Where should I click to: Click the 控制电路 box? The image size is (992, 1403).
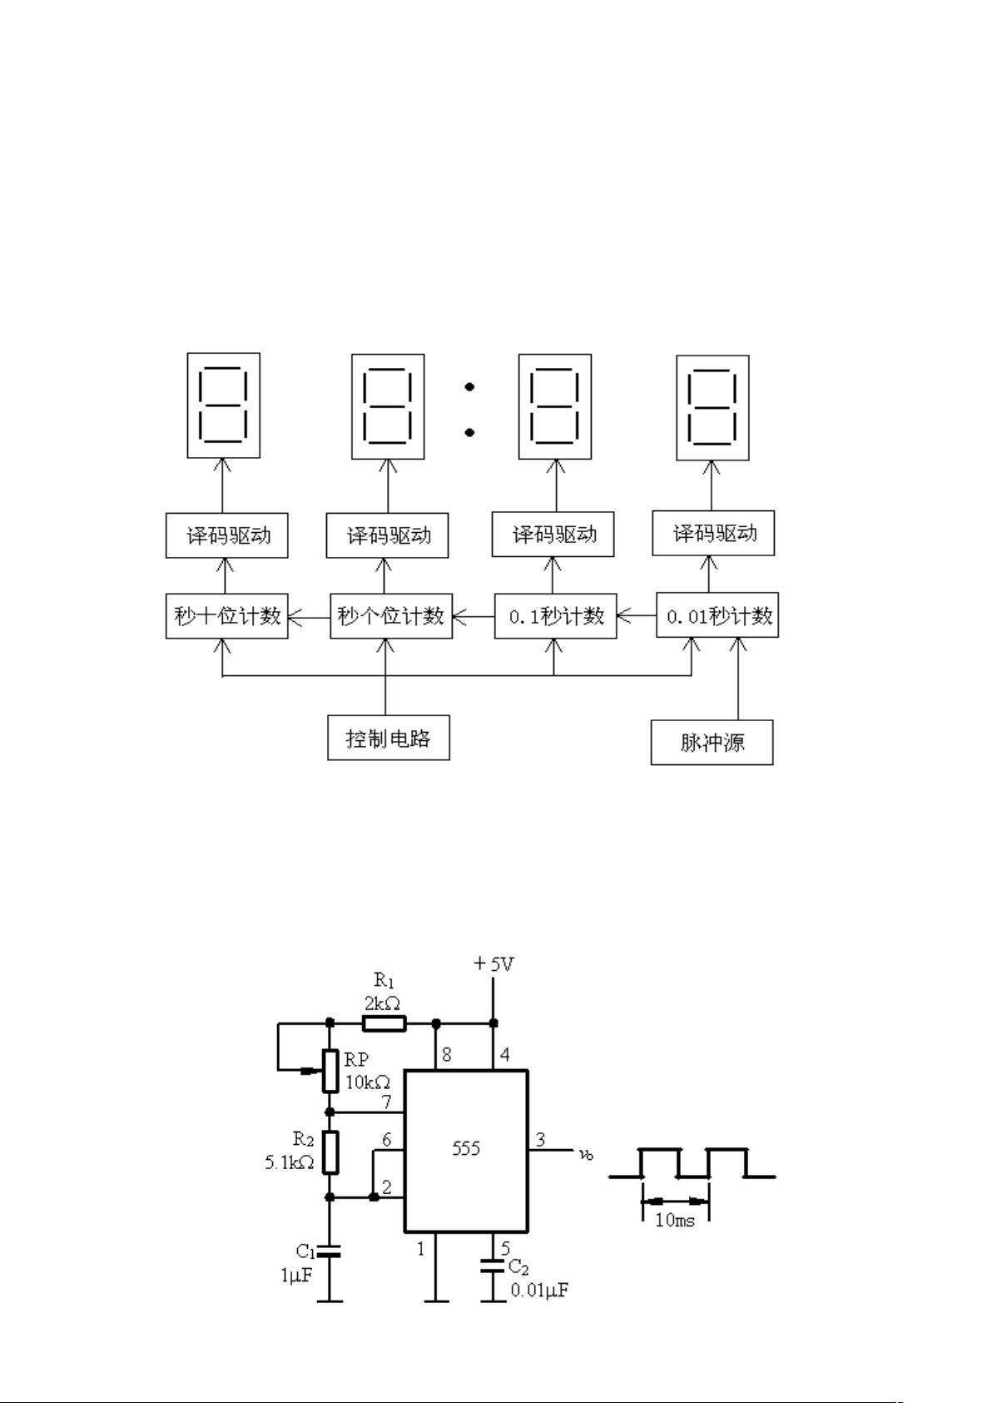(388, 738)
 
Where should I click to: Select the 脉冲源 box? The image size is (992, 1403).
(712, 742)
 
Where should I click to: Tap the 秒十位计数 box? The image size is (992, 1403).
(226, 616)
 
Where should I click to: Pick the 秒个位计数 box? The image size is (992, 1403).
(391, 616)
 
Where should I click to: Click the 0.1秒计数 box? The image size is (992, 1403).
(556, 616)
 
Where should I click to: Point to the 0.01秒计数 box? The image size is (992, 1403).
(717, 616)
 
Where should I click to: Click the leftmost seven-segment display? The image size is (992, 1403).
(223, 405)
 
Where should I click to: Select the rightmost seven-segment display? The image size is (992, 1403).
(712, 408)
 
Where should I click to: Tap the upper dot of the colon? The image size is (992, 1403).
(470, 386)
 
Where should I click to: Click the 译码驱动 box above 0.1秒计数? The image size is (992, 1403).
(553, 535)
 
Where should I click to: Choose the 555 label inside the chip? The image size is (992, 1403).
(466, 1149)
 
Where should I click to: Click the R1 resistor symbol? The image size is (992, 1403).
(384, 1023)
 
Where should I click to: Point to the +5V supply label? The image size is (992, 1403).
(494, 964)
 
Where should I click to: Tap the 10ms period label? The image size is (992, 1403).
(675, 1221)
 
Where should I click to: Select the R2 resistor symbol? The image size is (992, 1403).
(330, 1152)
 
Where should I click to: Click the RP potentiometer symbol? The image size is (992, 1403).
(330, 1071)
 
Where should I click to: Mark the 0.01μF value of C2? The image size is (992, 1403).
(540, 1291)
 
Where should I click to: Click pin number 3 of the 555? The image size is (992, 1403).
(540, 1140)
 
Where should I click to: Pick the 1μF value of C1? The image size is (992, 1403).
(295, 1274)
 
